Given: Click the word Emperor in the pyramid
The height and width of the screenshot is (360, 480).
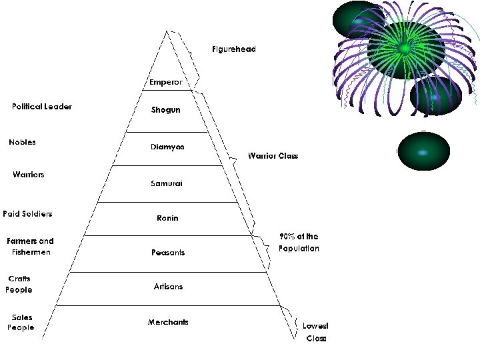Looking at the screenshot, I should click(166, 83).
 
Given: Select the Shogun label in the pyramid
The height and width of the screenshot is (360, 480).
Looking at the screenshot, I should click(166, 109).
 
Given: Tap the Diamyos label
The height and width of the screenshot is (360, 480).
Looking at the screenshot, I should click(167, 147).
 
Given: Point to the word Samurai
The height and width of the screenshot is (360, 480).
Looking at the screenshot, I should click(167, 183).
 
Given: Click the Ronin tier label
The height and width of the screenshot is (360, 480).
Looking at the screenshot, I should click(167, 218).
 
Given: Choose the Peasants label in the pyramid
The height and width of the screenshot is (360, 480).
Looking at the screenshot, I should click(167, 253).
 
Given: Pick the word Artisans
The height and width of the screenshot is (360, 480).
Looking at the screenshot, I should click(168, 287).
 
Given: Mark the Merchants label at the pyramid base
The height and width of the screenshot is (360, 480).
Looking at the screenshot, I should click(168, 322).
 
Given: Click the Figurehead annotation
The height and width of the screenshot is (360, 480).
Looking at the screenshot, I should click(234, 49).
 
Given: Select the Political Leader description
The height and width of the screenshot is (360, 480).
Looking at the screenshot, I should click(42, 107).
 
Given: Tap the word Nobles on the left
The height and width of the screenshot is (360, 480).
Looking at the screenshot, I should click(23, 142).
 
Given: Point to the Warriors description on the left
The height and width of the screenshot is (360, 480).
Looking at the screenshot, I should click(29, 175).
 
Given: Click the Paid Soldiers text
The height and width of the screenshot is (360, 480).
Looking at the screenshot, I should click(27, 214).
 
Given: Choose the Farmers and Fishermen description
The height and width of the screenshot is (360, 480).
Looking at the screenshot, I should click(30, 247).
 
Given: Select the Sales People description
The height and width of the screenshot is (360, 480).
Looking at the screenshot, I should click(21, 322).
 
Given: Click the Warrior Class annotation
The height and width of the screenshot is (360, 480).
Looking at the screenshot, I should click(273, 156).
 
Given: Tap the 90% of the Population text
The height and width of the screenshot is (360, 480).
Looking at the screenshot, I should click(299, 242).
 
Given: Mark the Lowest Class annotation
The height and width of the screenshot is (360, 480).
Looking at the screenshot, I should click(315, 332).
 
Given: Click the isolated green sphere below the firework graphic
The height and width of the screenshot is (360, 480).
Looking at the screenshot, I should click(423, 151).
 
